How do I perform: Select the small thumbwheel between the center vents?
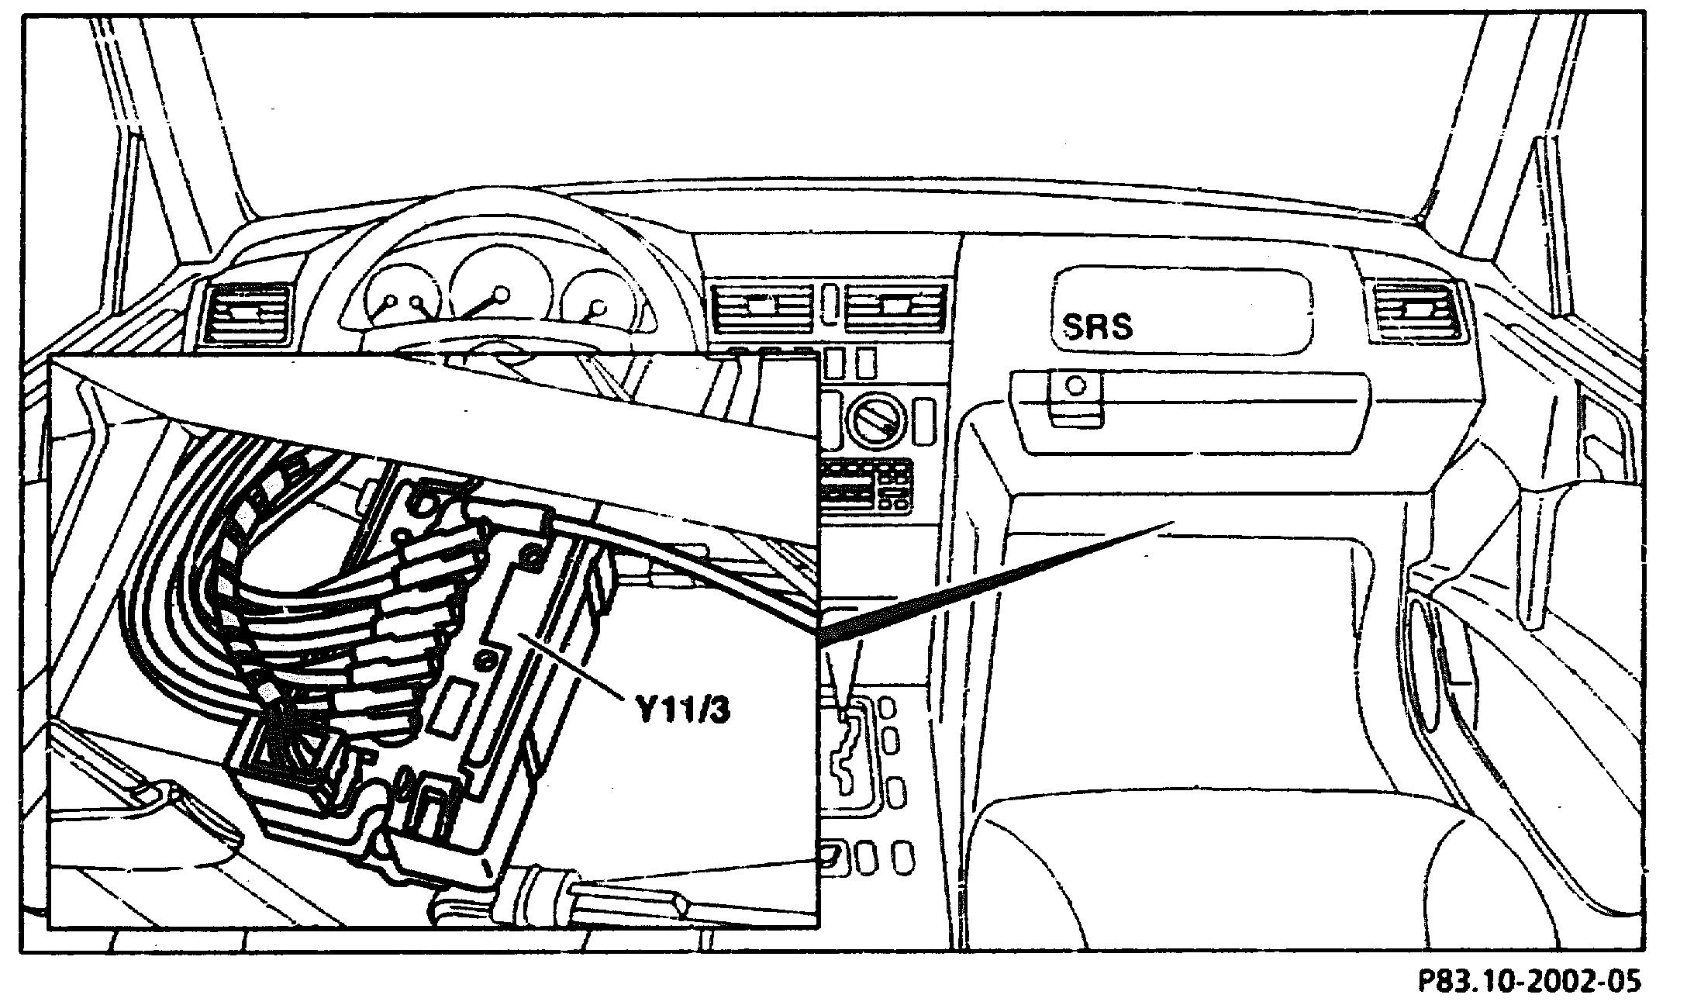830,303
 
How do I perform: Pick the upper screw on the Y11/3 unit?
532,553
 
